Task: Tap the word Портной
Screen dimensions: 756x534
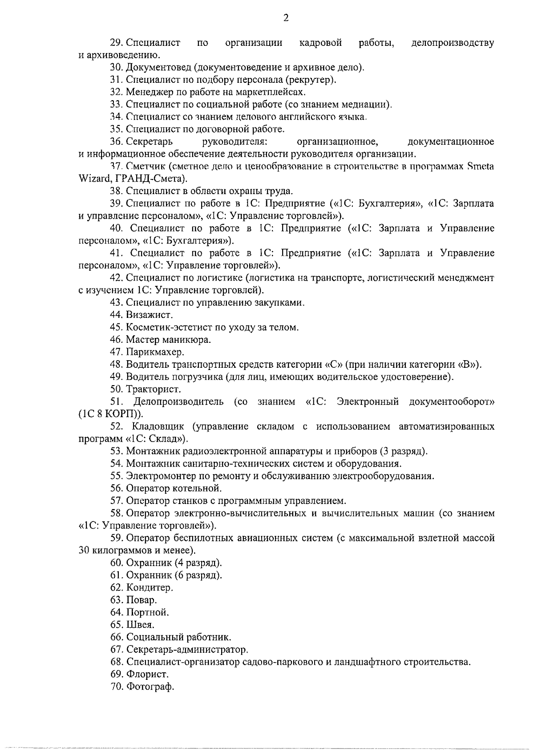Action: coord(147,612)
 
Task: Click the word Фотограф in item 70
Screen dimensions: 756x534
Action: coord(150,687)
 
